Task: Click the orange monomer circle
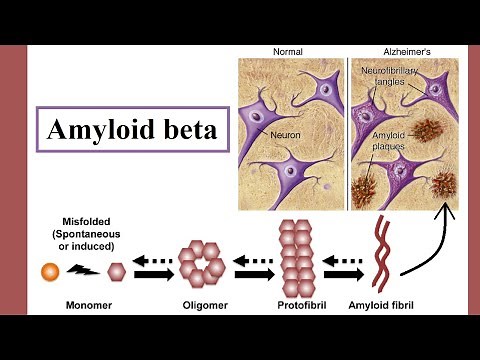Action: click(49, 270)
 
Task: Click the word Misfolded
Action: click(77, 222)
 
